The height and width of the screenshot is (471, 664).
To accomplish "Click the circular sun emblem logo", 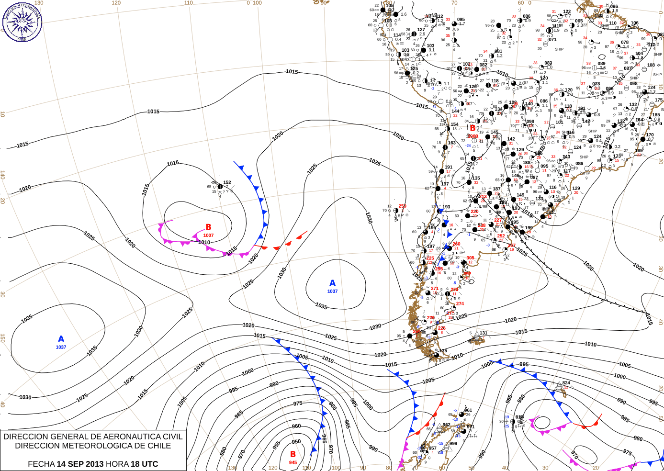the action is (x=22, y=22).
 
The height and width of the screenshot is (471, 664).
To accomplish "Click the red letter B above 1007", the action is (x=208, y=227).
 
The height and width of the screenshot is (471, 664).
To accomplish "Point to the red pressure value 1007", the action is (x=208, y=235).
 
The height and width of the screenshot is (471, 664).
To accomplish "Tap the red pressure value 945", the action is (x=293, y=462).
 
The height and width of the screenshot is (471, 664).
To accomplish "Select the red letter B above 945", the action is (x=293, y=454).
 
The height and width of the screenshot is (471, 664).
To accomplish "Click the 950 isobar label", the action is (x=296, y=442).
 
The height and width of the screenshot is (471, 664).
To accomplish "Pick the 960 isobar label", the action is (x=296, y=426).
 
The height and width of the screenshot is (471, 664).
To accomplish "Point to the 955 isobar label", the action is (x=276, y=445).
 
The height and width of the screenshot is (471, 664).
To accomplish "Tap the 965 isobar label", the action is (x=324, y=438).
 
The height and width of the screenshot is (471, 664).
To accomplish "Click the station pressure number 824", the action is (x=566, y=383).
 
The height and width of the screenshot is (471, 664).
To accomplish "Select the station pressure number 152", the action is (x=227, y=182).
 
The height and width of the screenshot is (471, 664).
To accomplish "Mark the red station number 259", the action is (x=402, y=206).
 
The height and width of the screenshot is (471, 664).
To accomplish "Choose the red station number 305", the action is (x=470, y=258).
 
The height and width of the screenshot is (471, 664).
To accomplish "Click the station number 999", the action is (x=453, y=444).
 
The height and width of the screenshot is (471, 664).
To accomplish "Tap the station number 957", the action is (x=432, y=449).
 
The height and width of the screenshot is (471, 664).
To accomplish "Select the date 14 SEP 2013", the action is (x=80, y=464).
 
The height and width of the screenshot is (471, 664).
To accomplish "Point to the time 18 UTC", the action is (x=143, y=464).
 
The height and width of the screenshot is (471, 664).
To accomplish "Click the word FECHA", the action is (x=41, y=464).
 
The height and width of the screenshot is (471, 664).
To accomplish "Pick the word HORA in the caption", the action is (x=117, y=464).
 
